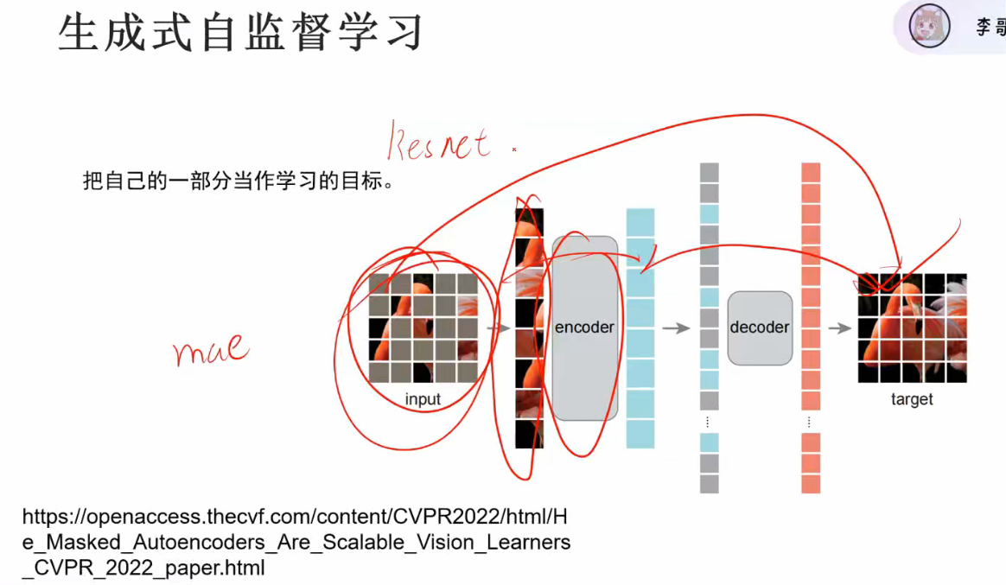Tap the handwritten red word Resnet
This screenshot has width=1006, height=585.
[x=439, y=143]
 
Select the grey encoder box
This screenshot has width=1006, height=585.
[x=585, y=327]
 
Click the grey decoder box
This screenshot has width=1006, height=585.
[x=760, y=327]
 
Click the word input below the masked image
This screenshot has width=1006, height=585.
[x=423, y=399]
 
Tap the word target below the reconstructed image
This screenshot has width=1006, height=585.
[x=912, y=399]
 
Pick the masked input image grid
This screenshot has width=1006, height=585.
[x=423, y=328]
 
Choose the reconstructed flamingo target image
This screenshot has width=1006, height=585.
[x=912, y=328]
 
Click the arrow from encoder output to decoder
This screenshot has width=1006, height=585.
[x=676, y=328]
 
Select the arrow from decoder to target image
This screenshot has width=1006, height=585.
[x=839, y=328]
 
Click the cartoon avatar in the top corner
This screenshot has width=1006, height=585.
[x=929, y=27]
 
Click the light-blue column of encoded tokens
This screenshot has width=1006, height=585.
[x=640, y=328]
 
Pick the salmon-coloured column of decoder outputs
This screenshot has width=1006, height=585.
[x=811, y=328]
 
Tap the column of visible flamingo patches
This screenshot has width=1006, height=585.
[x=529, y=328]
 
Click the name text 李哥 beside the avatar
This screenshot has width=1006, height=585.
[x=990, y=28]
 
